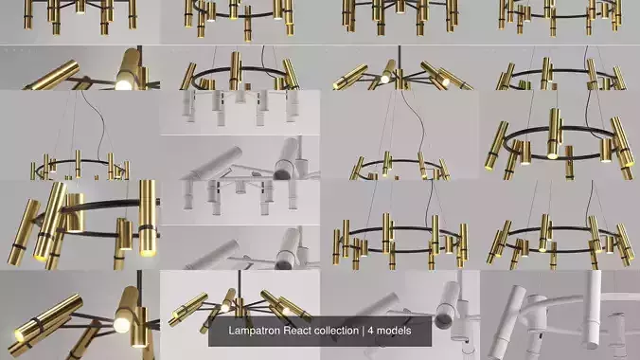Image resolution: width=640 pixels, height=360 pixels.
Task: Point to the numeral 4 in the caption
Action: pyautogui.click(x=385, y=332)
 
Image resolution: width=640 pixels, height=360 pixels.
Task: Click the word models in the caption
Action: pyautogui.click(x=409, y=332)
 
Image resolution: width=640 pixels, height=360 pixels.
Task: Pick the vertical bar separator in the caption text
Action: pyautogui.click(x=376, y=332)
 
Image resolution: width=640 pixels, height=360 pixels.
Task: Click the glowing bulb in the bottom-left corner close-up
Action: pyautogui.click(x=122, y=325)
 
